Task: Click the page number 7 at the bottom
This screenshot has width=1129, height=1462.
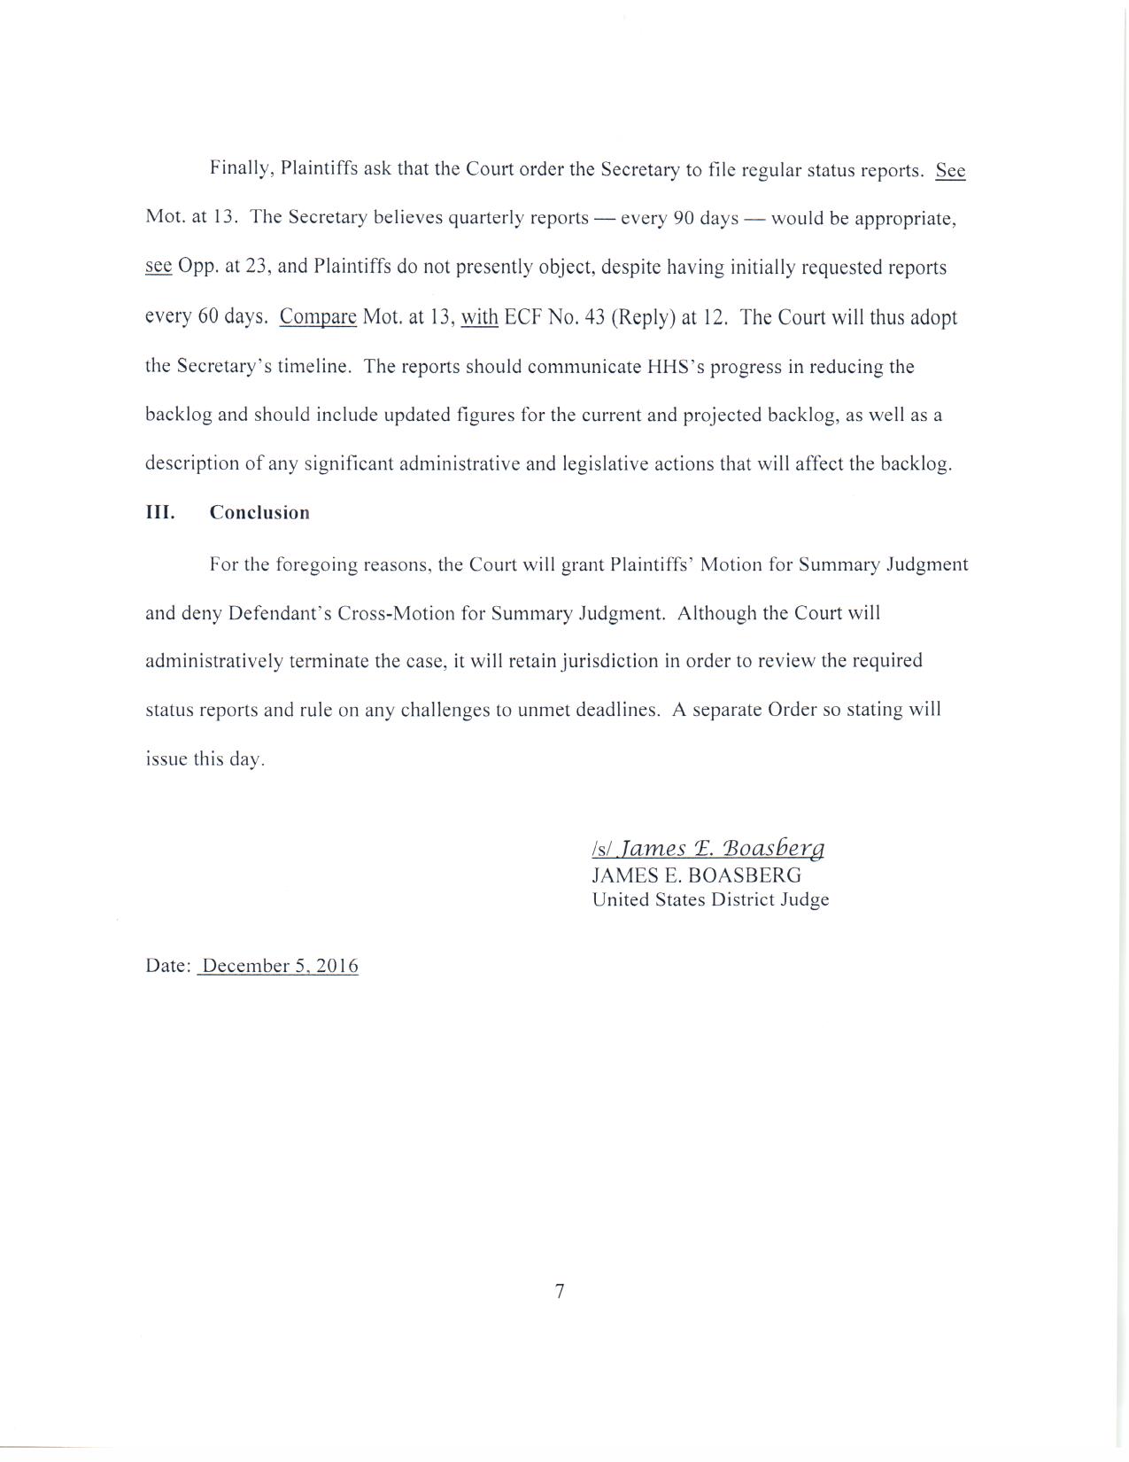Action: pyautogui.click(x=560, y=1292)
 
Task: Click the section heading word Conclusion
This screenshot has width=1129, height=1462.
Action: pyautogui.click(x=259, y=513)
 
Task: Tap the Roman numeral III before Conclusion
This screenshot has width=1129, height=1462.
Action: pyautogui.click(x=159, y=513)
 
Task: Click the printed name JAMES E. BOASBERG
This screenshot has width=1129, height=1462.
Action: pyautogui.click(x=697, y=875)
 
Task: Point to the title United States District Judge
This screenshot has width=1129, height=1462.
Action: pyautogui.click(x=710, y=900)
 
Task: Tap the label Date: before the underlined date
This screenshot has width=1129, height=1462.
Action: pyautogui.click(x=168, y=966)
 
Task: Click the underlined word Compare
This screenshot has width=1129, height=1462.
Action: pyautogui.click(x=318, y=317)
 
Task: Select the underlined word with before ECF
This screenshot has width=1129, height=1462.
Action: pyautogui.click(x=479, y=317)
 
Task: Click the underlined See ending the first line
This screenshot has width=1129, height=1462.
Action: pyautogui.click(x=950, y=170)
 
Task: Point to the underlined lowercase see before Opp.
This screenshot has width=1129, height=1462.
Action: pyautogui.click(x=159, y=267)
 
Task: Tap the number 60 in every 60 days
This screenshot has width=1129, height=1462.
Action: pyautogui.click(x=208, y=317)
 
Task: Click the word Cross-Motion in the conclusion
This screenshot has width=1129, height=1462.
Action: pyautogui.click(x=392, y=613)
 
